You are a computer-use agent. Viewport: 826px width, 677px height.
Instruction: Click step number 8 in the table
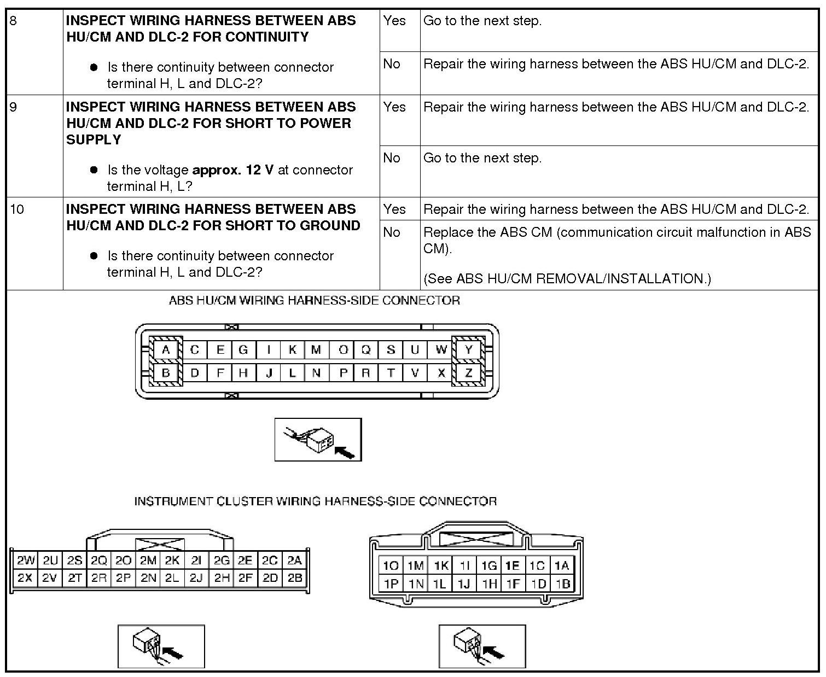tap(14, 21)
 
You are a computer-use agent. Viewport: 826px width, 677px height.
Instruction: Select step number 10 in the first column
tap(17, 209)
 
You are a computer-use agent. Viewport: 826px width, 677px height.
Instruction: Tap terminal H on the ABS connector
tap(243, 373)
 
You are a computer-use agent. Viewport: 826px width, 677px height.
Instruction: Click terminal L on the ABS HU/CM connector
tap(293, 373)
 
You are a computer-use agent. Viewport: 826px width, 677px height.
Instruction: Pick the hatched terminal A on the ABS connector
tap(166, 350)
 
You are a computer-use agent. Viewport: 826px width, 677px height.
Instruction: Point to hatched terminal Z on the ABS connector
tap(468, 373)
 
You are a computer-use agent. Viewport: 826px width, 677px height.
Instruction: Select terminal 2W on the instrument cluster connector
tap(25, 560)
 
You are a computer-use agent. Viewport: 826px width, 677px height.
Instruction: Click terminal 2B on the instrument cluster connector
tap(295, 577)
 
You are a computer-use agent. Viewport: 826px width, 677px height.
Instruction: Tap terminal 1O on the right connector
tap(391, 565)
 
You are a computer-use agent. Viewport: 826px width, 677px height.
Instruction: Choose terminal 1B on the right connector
tap(563, 583)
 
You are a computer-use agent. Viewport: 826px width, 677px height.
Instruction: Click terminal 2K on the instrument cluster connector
tap(172, 560)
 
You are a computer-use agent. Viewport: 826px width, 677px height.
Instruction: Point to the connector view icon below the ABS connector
tap(318, 440)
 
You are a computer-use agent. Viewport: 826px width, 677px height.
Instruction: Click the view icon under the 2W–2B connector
tap(161, 646)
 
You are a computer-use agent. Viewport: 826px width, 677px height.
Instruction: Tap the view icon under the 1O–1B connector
tap(482, 646)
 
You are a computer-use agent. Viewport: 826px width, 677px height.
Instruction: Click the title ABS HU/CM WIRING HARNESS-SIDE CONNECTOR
tap(315, 300)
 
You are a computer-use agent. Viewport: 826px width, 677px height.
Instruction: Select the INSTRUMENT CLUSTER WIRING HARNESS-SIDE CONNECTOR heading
tap(316, 501)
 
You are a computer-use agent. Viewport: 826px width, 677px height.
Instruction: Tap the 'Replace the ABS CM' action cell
tap(617, 240)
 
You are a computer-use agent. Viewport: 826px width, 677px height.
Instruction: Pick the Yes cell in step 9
tap(395, 107)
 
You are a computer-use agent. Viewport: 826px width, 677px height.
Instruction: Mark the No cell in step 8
tap(392, 64)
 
